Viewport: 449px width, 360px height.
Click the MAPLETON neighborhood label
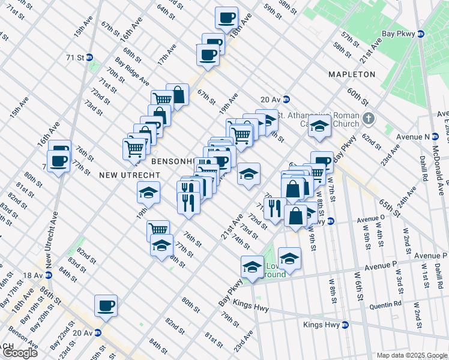(352, 74)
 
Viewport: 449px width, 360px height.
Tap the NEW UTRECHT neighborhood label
(130, 175)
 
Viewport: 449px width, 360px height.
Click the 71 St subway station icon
(89, 58)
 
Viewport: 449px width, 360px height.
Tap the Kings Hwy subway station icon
(345, 325)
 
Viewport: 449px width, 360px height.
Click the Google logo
(20, 353)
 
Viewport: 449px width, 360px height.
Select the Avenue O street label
(370, 220)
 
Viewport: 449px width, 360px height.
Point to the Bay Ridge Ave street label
(132, 70)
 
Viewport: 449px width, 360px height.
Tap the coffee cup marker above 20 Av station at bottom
(106, 305)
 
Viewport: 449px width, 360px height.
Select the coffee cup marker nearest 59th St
(227, 18)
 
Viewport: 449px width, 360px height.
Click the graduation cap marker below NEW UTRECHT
(148, 193)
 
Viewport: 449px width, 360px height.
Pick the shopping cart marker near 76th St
(158, 230)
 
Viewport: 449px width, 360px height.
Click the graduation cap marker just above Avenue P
(289, 258)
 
